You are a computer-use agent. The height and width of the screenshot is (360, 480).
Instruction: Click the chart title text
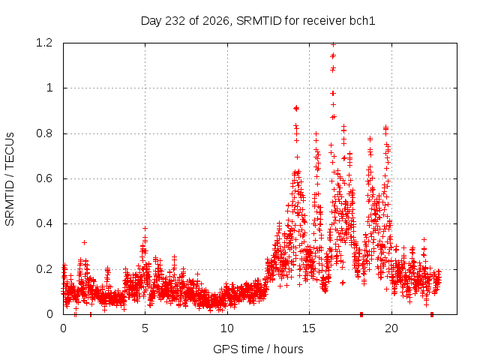(258, 21)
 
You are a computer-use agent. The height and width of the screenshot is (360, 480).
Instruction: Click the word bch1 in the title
(362, 21)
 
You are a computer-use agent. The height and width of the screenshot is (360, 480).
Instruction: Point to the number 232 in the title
(175, 21)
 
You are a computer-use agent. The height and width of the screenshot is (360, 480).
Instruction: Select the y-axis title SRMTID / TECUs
(10, 179)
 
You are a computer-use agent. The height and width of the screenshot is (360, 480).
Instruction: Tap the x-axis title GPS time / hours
(258, 349)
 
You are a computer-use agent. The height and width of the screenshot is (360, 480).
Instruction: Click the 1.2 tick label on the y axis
(44, 43)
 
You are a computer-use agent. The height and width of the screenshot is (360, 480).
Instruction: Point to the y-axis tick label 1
(49, 88)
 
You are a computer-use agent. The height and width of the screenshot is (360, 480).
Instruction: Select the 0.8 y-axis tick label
(44, 133)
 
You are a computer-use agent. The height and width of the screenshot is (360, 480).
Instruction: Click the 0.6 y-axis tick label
(44, 178)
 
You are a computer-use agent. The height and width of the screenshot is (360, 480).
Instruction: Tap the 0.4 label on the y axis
(44, 223)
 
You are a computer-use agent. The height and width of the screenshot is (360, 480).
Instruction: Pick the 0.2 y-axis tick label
(44, 269)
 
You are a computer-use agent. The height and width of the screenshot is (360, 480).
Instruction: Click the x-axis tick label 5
(145, 328)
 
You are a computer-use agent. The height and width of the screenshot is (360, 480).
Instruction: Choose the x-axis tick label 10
(226, 328)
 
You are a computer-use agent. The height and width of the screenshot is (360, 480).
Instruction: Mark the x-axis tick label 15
(309, 328)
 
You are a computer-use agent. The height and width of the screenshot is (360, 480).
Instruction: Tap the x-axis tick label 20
(391, 328)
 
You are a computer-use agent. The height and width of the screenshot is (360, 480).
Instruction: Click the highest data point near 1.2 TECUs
(333, 45)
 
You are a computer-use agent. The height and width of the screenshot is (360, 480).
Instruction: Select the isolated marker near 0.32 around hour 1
(84, 242)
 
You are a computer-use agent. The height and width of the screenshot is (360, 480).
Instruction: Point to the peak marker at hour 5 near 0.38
(145, 228)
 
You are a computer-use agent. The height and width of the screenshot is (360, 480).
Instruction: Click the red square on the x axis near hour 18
(361, 314)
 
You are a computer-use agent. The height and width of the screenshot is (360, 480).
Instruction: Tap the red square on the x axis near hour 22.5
(432, 314)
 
